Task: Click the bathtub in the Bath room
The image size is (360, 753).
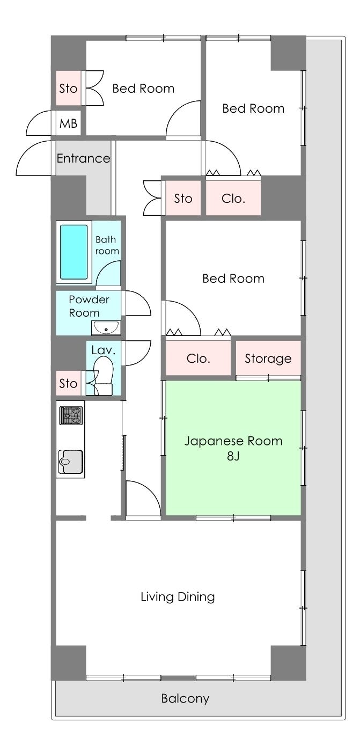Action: pos(74,252)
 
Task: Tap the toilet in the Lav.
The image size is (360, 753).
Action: pos(103,376)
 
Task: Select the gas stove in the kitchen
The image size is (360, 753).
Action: pos(71,415)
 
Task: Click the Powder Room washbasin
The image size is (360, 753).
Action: pos(106,328)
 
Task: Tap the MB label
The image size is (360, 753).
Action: pos(68,123)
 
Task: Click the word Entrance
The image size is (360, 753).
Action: pos(83,158)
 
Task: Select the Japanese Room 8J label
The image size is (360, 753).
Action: pos(233,448)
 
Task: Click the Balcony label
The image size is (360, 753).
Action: pos(185,698)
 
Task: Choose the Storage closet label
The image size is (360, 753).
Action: pos(268,359)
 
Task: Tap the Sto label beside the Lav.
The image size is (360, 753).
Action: pos(68,383)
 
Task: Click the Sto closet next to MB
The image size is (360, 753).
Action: pos(68,88)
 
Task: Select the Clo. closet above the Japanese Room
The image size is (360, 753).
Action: pos(199,359)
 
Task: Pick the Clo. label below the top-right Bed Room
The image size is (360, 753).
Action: pos(233,199)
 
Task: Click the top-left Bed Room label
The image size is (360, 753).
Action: pos(143,89)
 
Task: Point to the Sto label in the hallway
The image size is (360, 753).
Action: pos(183,199)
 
